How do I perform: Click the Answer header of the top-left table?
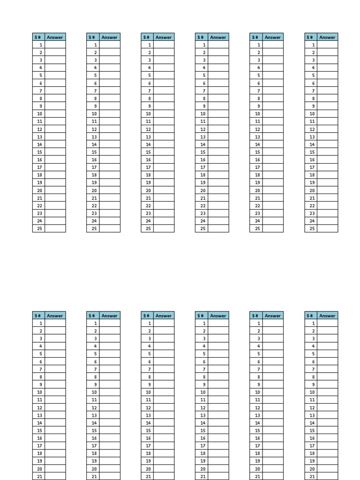coord(55,37)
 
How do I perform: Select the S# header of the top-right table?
coord(311,37)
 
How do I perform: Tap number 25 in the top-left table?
coord(40,229)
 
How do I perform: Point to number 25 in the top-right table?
coord(312,229)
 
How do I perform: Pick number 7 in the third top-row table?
coord(149,91)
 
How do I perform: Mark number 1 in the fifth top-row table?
coord(258,45)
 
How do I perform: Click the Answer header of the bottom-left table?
coord(55,315)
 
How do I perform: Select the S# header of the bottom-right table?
coord(311,315)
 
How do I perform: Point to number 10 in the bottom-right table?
coord(312,392)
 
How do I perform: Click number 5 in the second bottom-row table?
coord(95,354)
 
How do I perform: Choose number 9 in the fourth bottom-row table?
coord(203,384)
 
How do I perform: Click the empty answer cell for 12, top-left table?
coord(55,129)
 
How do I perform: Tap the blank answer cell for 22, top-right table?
coord(328,206)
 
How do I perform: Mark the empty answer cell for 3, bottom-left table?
coord(55,338)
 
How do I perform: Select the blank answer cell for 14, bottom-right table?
coord(328,423)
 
